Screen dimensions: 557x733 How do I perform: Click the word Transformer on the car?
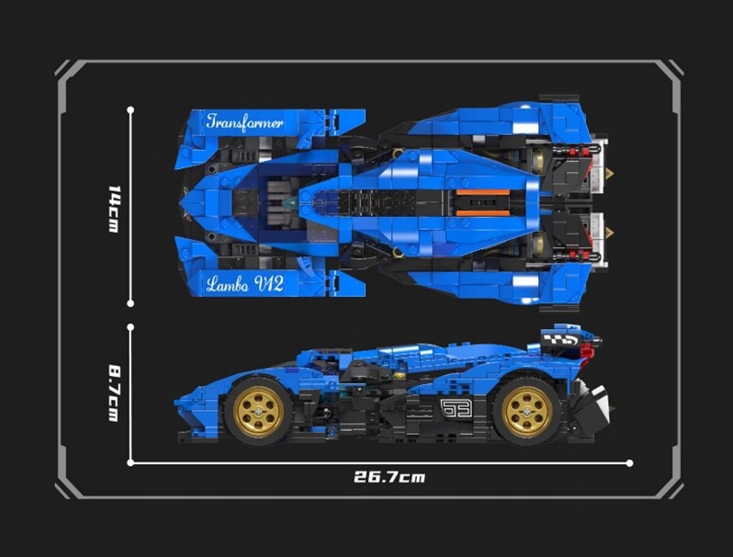point(244,121)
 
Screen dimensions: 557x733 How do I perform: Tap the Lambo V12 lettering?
point(244,283)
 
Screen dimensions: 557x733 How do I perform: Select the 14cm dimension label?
point(114,208)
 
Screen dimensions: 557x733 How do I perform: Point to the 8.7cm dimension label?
point(114,393)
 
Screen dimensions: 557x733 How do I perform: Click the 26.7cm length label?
point(389,477)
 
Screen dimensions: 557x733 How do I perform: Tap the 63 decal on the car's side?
point(455,408)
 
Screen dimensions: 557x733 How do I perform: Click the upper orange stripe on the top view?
point(482,193)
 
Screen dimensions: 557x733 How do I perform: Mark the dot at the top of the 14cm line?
point(130,109)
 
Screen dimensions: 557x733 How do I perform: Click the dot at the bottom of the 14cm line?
point(130,302)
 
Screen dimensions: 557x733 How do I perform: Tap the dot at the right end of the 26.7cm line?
point(630,463)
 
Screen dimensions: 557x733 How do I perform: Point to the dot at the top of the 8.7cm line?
point(130,325)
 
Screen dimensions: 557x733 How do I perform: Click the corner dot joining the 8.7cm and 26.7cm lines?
point(130,462)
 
